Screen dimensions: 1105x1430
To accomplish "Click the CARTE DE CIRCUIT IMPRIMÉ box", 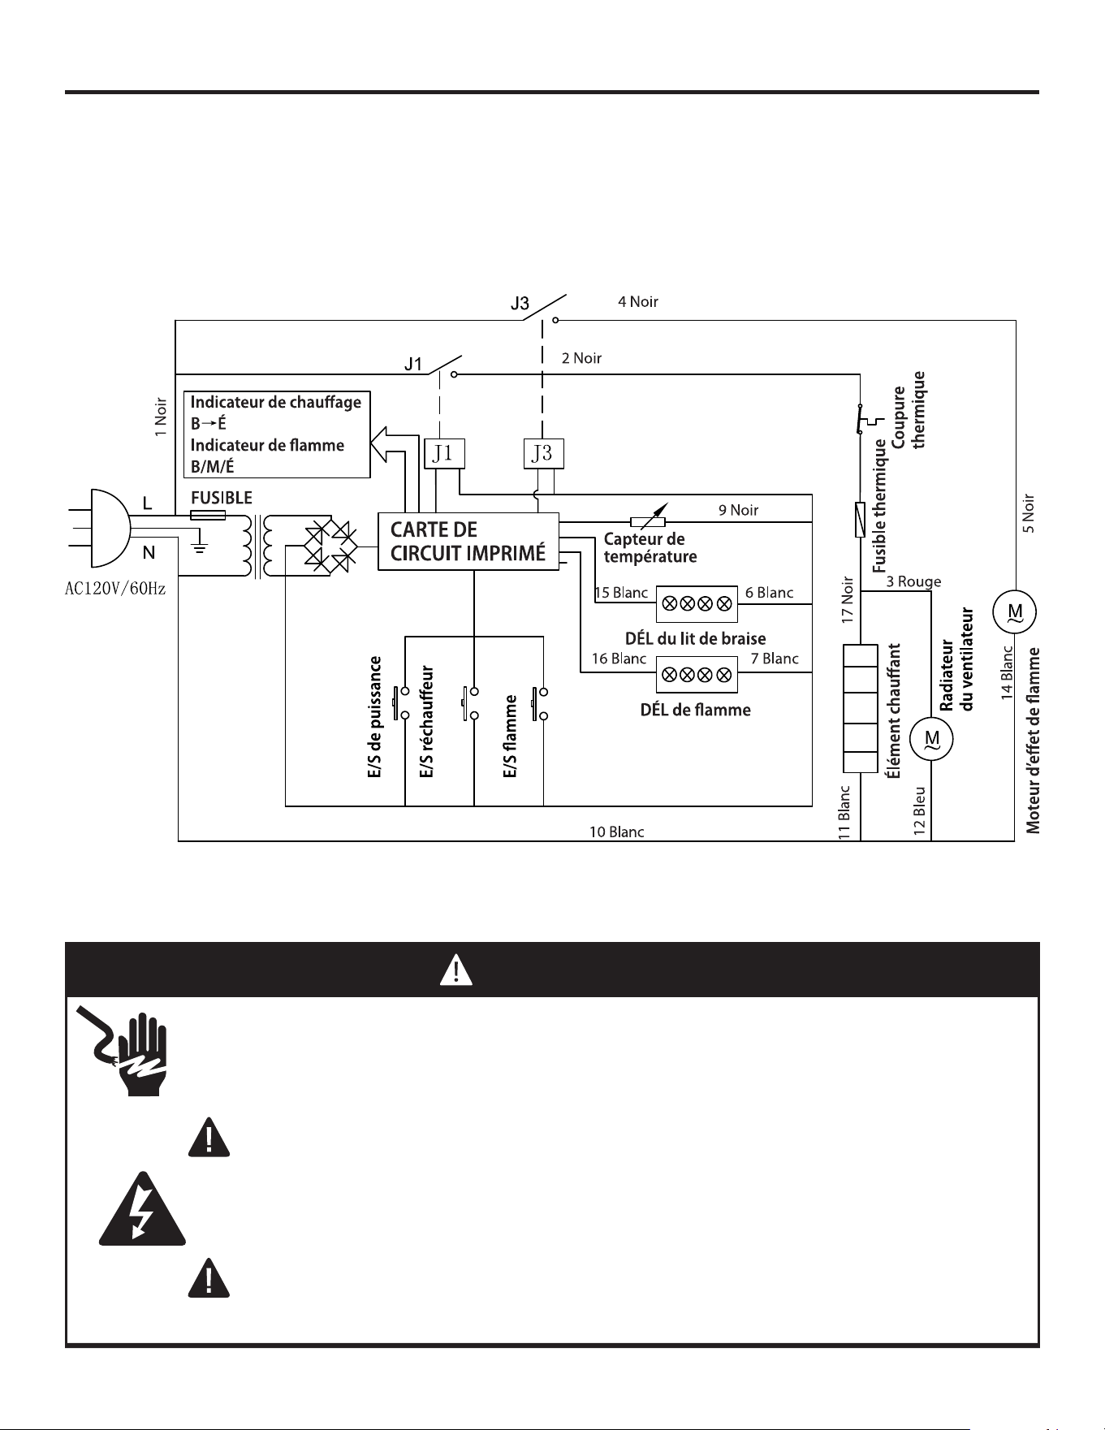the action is (x=468, y=541).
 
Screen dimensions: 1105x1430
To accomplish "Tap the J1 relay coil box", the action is (x=444, y=453).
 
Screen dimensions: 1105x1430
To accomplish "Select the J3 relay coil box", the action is (x=542, y=453).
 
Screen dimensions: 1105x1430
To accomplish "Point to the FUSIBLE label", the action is (x=221, y=498).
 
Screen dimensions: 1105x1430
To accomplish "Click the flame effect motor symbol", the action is (x=1015, y=611).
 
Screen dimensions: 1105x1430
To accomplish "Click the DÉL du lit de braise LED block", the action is (x=697, y=603).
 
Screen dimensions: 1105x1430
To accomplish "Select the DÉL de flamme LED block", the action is (x=697, y=674).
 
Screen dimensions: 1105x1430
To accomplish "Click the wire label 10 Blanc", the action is (x=616, y=832).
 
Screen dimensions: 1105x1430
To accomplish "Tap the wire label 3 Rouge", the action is (x=913, y=581).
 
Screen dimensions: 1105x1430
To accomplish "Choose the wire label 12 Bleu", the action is (x=919, y=811).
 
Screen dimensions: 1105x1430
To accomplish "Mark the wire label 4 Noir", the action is (x=638, y=302).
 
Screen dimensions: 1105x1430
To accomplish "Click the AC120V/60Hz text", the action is (x=115, y=588).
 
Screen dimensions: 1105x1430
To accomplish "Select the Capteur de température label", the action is (x=650, y=548).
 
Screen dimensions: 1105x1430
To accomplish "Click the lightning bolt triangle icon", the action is (x=143, y=1210).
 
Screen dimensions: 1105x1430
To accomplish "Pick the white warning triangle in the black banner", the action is (x=456, y=970).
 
